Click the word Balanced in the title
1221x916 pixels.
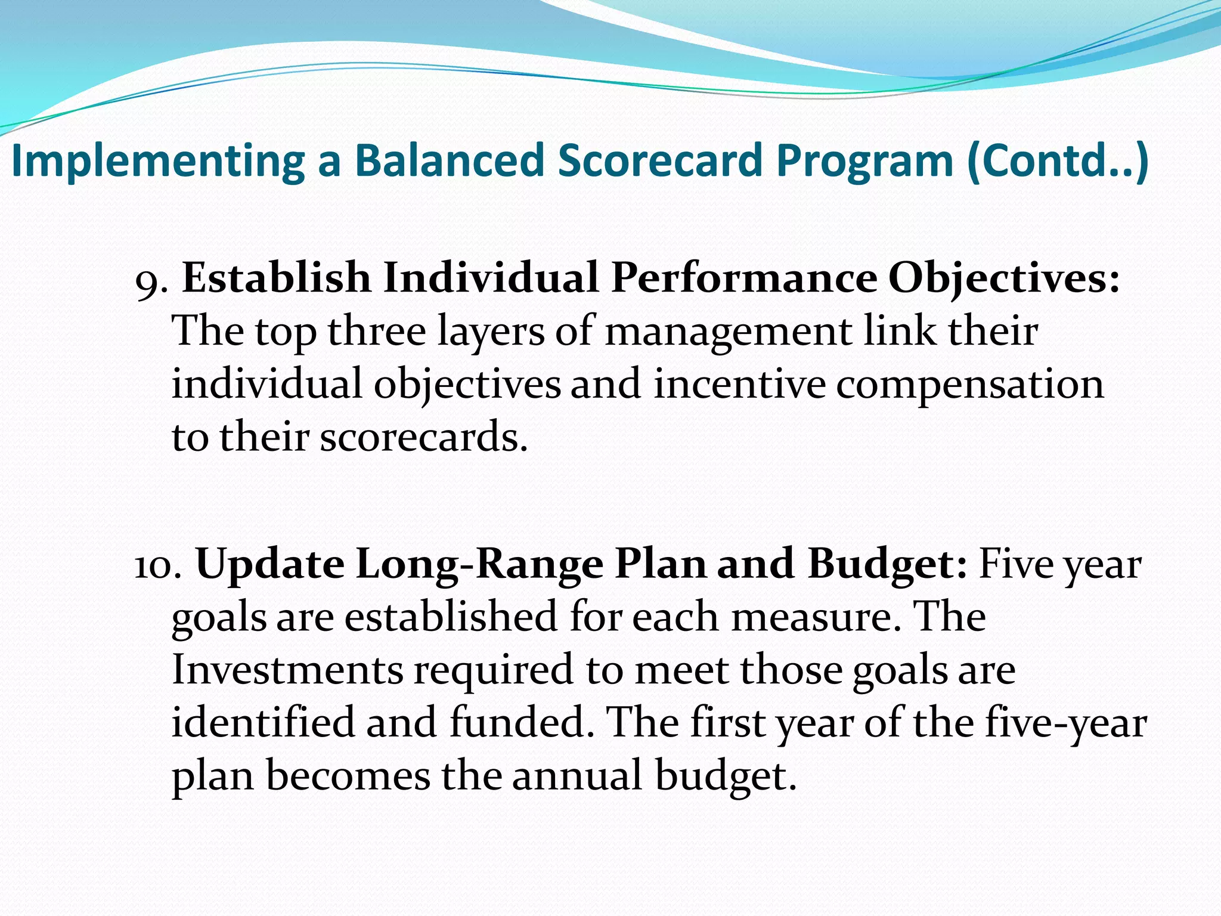point(450,161)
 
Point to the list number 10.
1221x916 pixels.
point(156,565)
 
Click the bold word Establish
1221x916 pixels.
point(276,278)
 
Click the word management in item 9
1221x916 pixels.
point(728,333)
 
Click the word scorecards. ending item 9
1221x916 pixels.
point(424,438)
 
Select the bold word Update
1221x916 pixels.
point(270,565)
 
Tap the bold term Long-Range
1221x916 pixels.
point(480,565)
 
